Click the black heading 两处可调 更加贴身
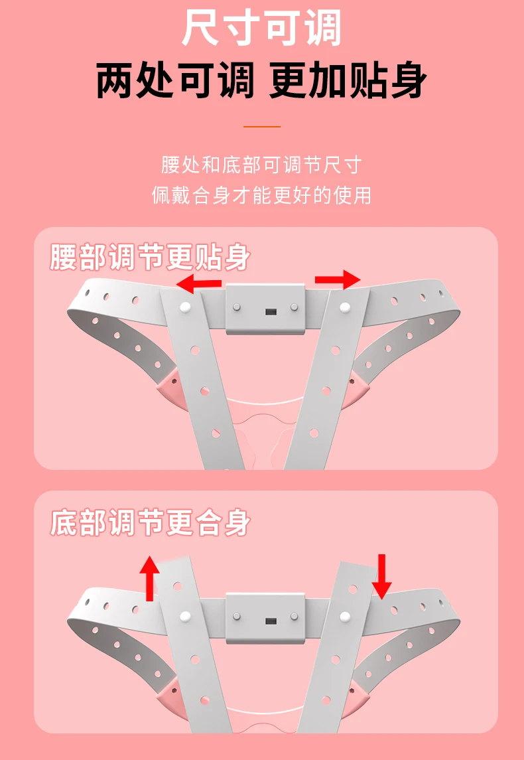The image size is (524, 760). pos(261,80)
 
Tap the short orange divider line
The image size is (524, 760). pos(262,127)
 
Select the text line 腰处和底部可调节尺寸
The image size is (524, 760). pos(261,165)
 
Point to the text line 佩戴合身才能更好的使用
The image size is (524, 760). pos(261,195)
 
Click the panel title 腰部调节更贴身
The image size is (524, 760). pos(150,257)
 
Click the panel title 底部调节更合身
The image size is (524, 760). pos(150,522)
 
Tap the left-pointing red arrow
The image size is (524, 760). pos(198,283)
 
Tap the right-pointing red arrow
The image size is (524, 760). pos(338,279)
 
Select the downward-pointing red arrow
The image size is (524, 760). pos(382,577)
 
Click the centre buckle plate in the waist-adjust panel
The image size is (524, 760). pos(265,309)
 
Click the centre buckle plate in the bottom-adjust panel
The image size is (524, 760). pos(265,617)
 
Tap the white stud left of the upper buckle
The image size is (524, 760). pos(185,307)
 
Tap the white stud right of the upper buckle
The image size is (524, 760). pos(345,307)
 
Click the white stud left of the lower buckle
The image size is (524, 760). pos(185,617)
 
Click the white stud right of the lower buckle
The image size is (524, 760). pos(345,617)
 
